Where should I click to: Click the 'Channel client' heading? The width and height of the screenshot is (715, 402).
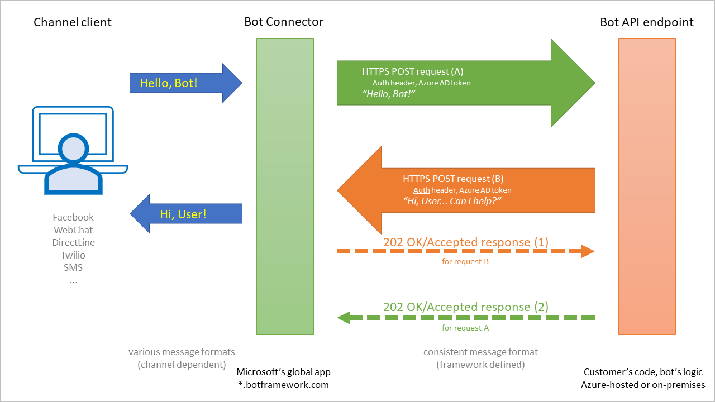pos(73,22)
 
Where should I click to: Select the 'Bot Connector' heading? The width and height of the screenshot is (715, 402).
pos(284,22)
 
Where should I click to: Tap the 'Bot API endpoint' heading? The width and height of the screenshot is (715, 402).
pos(646,22)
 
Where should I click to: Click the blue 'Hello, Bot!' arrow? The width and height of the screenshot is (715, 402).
pos(179,83)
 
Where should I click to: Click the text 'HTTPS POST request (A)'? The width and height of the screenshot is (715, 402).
pos(412,71)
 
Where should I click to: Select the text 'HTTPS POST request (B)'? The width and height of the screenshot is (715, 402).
pos(453,179)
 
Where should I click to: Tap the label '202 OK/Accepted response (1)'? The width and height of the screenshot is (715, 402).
pos(466,242)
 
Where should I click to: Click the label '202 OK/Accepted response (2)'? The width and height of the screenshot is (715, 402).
pos(466,307)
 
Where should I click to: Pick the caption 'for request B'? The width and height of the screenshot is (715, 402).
pos(465,261)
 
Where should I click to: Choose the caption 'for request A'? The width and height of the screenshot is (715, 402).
pos(465,328)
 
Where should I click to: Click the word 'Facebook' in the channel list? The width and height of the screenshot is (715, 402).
pos(73,217)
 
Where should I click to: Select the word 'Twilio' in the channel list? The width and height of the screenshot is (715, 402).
pos(73,255)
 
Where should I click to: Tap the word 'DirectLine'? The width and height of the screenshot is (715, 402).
pos(73,242)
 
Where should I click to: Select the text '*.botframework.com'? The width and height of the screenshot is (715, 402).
pos(284,385)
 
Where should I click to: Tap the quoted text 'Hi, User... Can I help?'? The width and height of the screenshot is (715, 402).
pos(451,201)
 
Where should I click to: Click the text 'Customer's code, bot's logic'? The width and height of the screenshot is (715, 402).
pos(643,372)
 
